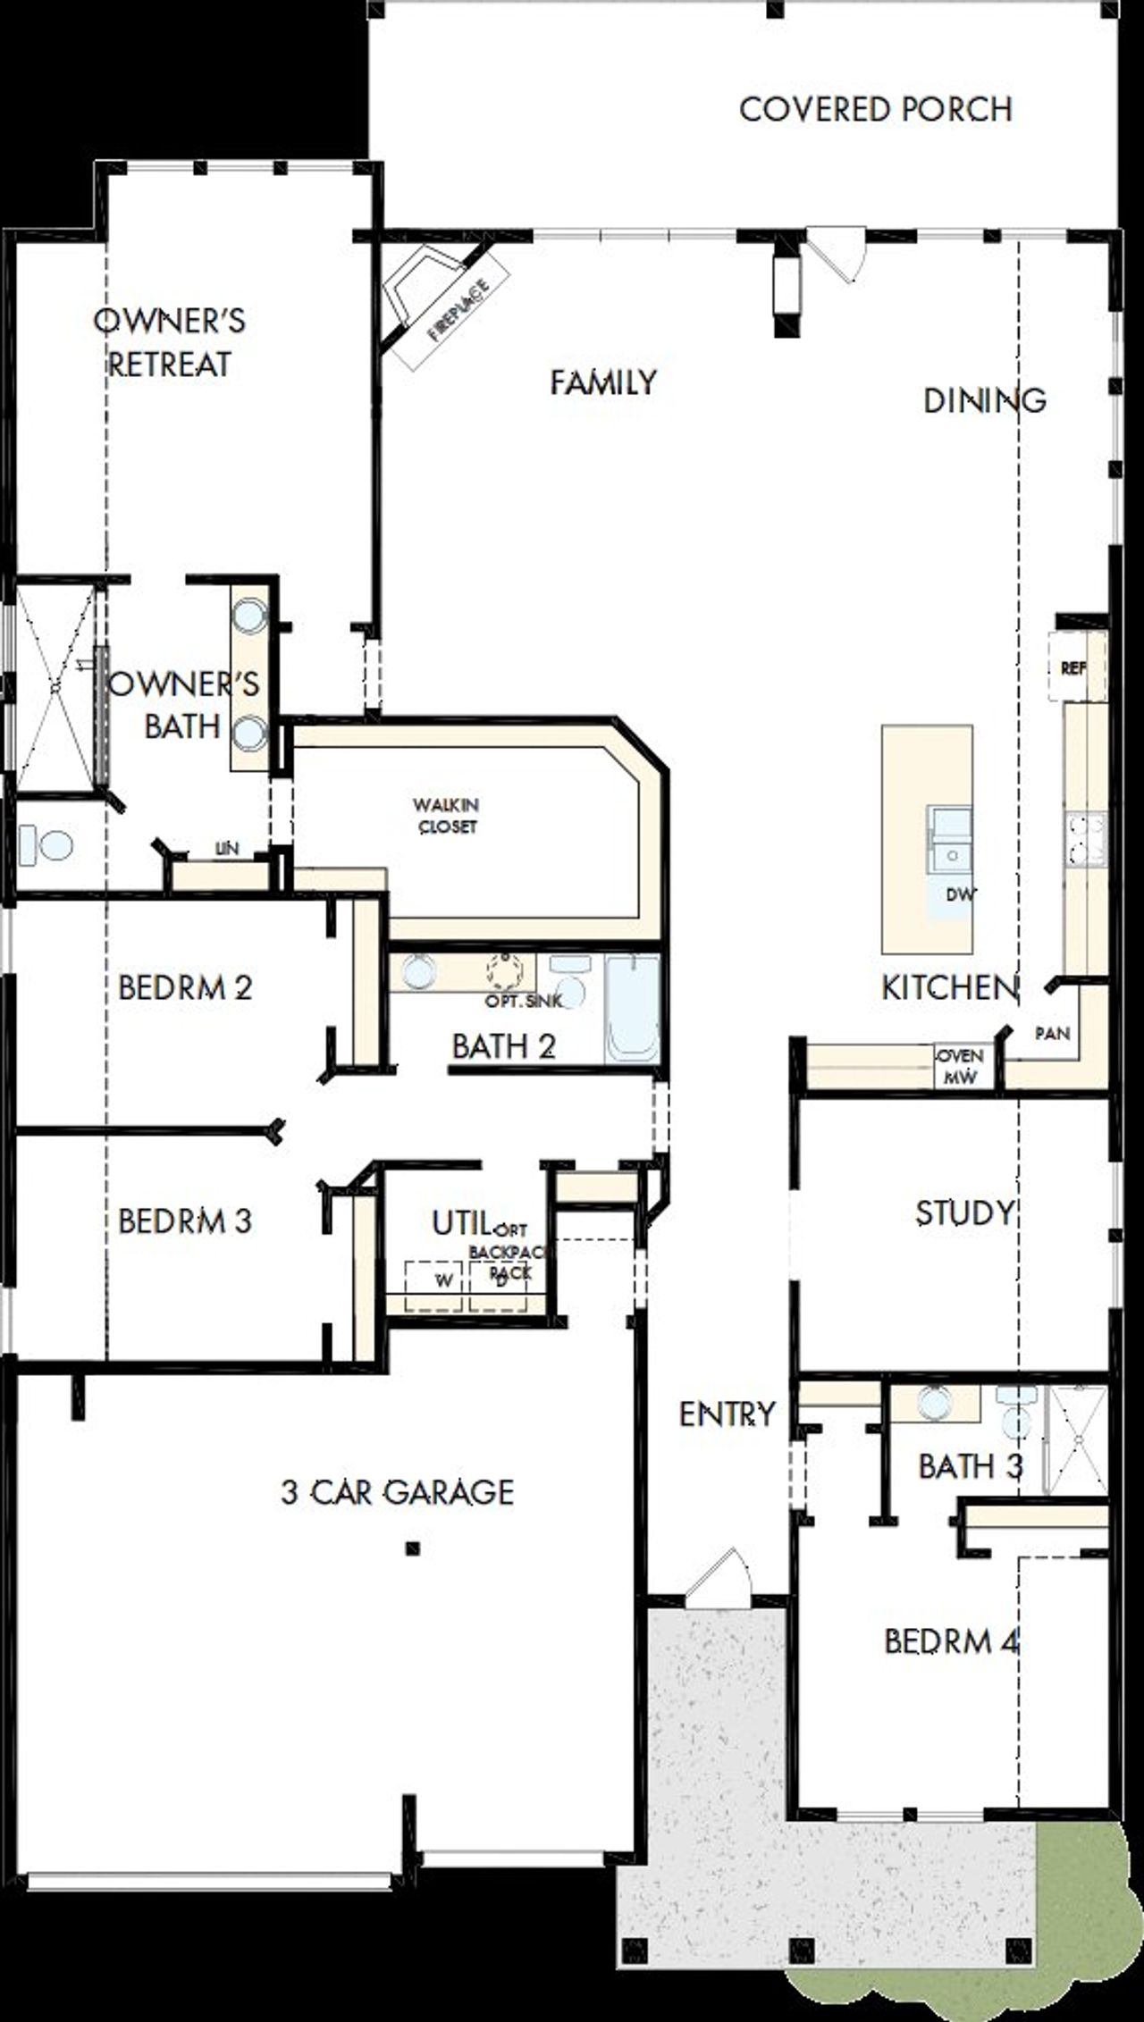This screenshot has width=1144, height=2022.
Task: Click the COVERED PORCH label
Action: [875, 110]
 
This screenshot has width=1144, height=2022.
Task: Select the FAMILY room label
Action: [603, 383]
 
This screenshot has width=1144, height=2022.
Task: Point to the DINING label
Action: [984, 399]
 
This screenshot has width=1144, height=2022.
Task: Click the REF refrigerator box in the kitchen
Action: [1075, 667]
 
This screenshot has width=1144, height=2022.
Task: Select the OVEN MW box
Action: [960, 1066]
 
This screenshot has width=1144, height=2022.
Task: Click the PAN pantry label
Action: [1052, 1034]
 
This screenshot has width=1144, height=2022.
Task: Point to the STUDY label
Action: [965, 1212]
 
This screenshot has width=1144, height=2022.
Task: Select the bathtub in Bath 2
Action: [632, 1008]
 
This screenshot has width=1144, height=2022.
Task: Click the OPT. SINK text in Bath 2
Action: [524, 1001]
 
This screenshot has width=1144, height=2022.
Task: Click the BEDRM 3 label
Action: [185, 1221]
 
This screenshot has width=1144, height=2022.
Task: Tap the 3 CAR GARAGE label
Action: [398, 1491]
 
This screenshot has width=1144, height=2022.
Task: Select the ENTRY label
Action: [727, 1414]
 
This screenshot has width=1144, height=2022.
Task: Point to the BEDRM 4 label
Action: [952, 1641]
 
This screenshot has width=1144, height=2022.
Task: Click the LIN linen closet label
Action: [226, 849]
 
